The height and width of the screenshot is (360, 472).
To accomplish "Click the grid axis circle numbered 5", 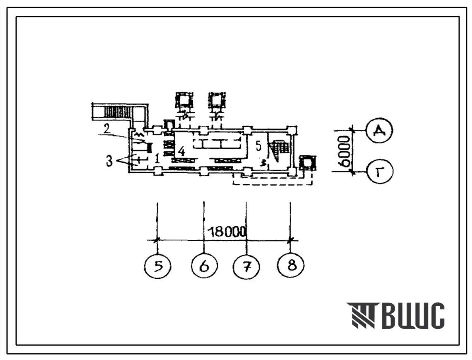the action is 158,266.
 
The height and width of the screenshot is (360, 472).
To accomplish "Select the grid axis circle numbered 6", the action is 204,266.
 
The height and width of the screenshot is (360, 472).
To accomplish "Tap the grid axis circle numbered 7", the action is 247,266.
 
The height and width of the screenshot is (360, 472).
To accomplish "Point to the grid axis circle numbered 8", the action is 290,265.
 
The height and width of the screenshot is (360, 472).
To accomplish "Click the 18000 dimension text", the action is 227,232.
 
